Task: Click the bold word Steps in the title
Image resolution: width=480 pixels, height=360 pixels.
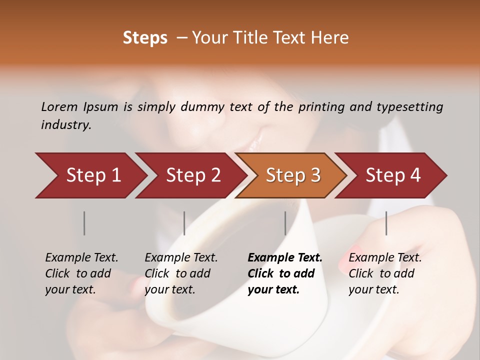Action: (x=145, y=38)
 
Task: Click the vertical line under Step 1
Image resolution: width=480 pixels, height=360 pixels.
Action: (x=84, y=223)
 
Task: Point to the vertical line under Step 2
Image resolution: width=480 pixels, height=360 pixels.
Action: (x=184, y=223)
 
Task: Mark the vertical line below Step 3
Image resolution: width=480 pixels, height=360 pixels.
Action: (x=285, y=223)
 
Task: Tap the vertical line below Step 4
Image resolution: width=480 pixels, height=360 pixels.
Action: (x=386, y=223)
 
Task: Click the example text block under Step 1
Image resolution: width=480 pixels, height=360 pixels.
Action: (x=81, y=273)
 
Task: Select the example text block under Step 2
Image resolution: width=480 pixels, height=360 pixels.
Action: (x=181, y=273)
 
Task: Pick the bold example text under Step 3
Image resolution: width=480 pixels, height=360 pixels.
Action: (x=284, y=273)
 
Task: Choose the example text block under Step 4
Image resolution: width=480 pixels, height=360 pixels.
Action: (x=385, y=273)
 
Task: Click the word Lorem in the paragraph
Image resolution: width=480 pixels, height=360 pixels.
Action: (x=59, y=106)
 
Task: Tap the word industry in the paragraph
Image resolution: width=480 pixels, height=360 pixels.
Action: (x=66, y=125)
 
